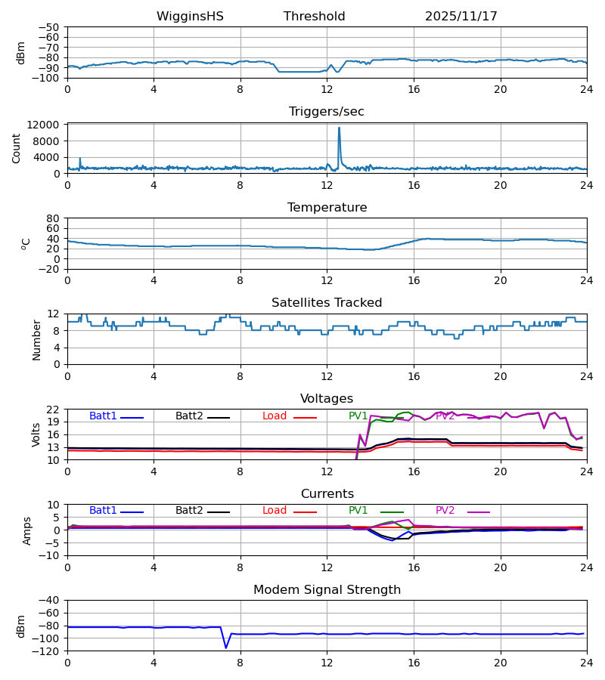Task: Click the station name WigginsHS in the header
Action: click(x=190, y=17)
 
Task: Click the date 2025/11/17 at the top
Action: click(x=461, y=17)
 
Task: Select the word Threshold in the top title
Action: click(x=314, y=17)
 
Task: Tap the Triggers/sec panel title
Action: click(x=326, y=112)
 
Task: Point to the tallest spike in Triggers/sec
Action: click(x=339, y=128)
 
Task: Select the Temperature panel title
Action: click(x=327, y=208)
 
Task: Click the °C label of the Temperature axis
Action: click(x=26, y=243)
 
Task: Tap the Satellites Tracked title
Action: click(x=327, y=303)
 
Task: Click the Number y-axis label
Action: click(x=37, y=339)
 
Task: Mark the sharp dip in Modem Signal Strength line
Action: click(x=225, y=647)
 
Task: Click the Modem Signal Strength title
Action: click(x=327, y=590)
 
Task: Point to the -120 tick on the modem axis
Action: click(x=48, y=651)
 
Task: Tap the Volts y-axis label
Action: click(x=37, y=434)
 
